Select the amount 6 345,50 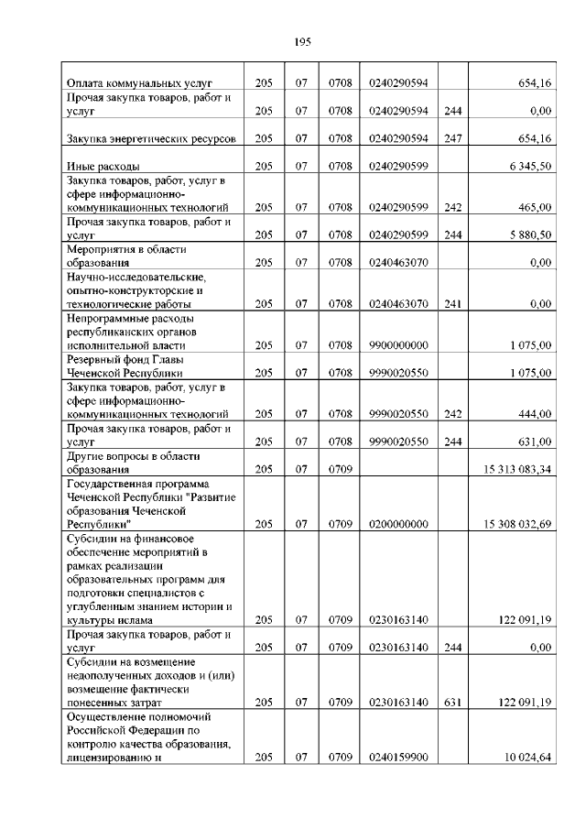pos(525,167)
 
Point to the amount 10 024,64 pos(524,757)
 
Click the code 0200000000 pos(398,523)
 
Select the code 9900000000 pos(398,345)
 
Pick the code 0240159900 pos(398,757)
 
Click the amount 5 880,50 pos(526,235)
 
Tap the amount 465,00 pos(533,208)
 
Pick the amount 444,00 pos(533,414)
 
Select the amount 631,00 pos(533,442)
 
